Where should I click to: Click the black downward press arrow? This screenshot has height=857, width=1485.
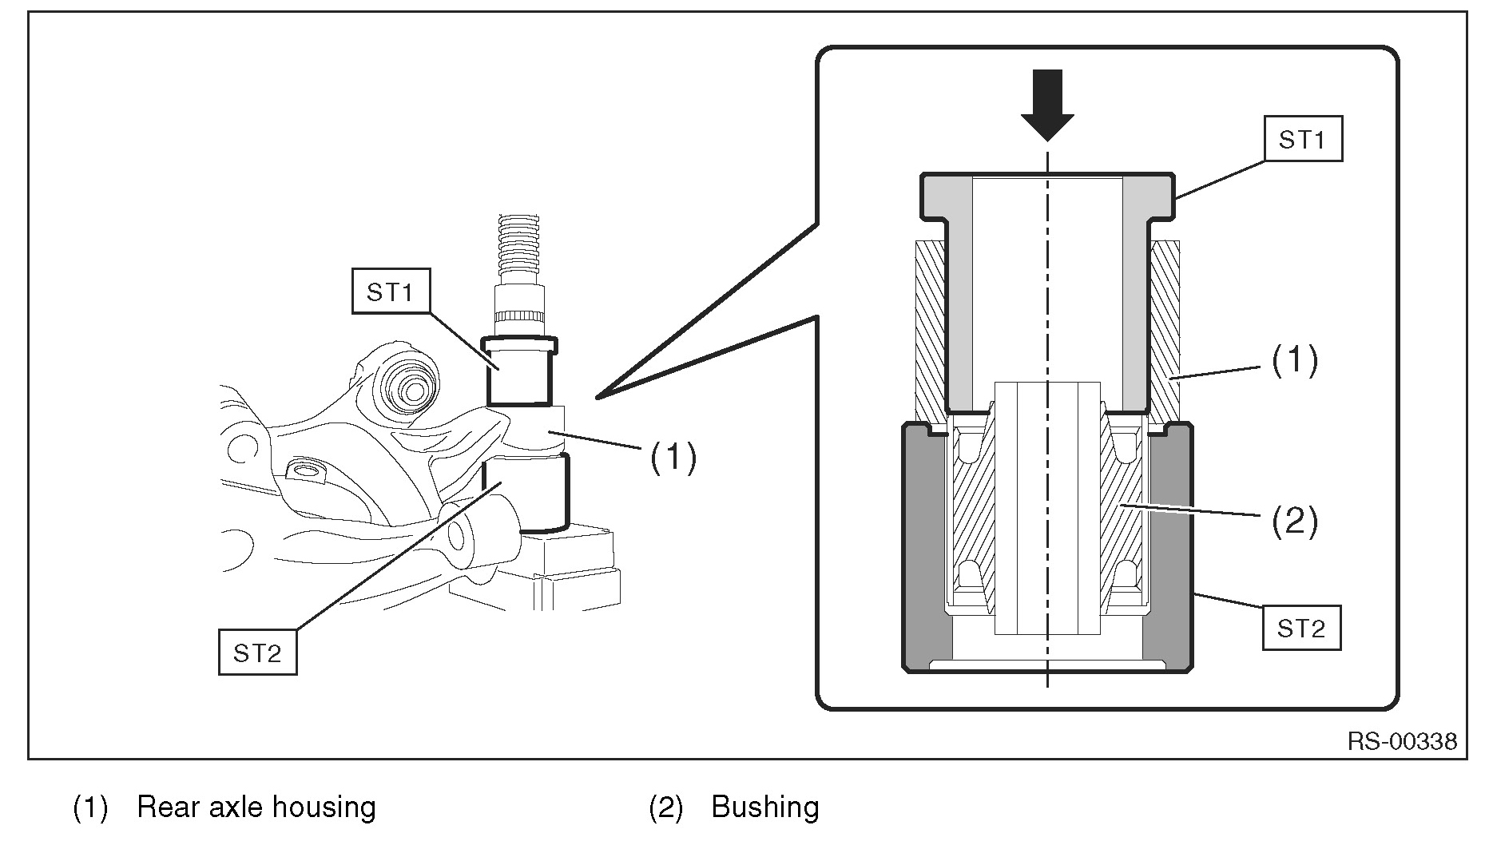pos(1047,105)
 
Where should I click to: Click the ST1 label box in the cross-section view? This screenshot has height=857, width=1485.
pos(1302,139)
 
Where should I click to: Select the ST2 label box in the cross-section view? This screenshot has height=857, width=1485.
pos(1300,629)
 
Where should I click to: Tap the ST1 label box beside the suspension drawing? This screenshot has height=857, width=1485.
pos(391,291)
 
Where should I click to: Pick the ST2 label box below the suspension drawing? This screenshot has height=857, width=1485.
pos(258,653)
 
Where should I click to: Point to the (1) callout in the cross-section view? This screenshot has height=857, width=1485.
pos(1294,361)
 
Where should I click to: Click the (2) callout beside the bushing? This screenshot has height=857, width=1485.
pos(1294,522)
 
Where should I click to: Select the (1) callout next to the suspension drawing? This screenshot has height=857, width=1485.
pos(673,458)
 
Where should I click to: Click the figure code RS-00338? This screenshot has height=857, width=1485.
pos(1402,742)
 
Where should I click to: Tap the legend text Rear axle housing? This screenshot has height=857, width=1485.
pos(256,807)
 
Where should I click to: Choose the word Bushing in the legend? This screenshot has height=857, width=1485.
pos(765,807)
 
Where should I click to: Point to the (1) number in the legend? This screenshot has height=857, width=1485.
pos(90,807)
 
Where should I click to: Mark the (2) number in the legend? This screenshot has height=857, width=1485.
pos(665,807)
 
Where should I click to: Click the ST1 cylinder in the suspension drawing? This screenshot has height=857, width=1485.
pos(519,371)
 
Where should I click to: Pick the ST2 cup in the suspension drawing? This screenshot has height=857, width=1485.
pos(526,492)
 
